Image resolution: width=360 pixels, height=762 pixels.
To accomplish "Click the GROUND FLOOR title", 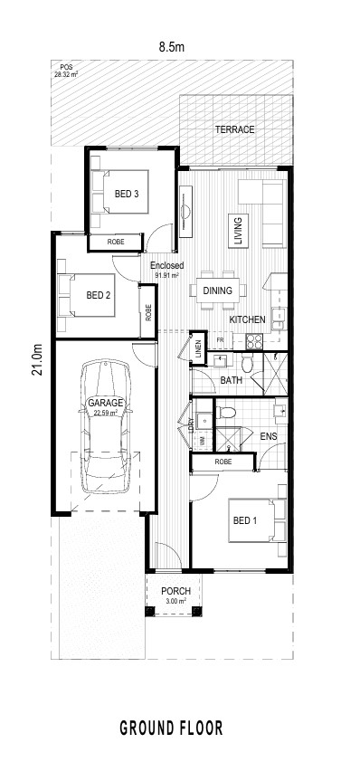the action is pyautogui.click(x=172, y=728).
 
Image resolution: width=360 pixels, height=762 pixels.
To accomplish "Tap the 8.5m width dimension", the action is pyautogui.click(x=172, y=47).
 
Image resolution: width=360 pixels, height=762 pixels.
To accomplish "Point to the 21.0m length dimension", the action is pyautogui.click(x=37, y=359).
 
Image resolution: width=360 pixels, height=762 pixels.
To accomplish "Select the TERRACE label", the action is pyautogui.click(x=234, y=129).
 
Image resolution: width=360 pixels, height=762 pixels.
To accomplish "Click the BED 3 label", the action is pyautogui.click(x=127, y=194).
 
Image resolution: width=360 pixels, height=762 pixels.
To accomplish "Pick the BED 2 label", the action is pyautogui.click(x=99, y=295).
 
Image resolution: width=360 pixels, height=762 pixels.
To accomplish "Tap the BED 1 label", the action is pyautogui.click(x=245, y=521).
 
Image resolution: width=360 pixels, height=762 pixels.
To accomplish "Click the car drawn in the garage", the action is pyautogui.click(x=106, y=426).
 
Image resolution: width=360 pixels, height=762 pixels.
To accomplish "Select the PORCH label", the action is pyautogui.click(x=175, y=592).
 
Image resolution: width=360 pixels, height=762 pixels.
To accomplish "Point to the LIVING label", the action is pyautogui.click(x=238, y=231).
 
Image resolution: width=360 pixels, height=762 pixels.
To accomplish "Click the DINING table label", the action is pyautogui.click(x=218, y=291).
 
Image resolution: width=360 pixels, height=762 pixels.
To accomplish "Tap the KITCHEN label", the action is pyautogui.click(x=247, y=319).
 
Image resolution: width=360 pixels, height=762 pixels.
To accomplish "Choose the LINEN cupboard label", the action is pyautogui.click(x=198, y=348).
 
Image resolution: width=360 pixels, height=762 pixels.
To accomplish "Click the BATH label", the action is pyautogui.click(x=232, y=380).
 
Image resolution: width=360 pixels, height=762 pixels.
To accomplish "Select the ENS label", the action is pyautogui.click(x=269, y=436).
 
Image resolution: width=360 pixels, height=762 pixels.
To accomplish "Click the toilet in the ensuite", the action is pyautogui.click(x=226, y=413).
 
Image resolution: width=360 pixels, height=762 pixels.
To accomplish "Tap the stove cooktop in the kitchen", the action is pyautogui.click(x=254, y=342).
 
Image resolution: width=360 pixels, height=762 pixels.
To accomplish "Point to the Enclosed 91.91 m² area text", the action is pyautogui.click(x=166, y=269).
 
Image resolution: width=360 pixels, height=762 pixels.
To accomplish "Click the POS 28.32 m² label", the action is pyautogui.click(x=66, y=71).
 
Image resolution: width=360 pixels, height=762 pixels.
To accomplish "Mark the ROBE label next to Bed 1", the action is pyautogui.click(x=223, y=462).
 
